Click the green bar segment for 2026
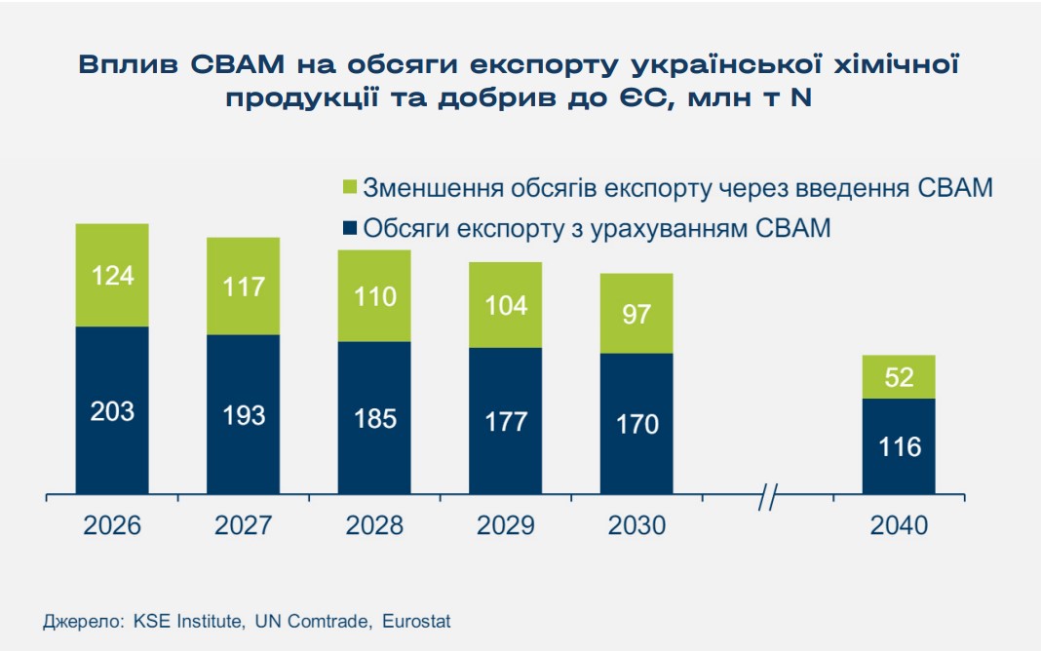(x=112, y=275)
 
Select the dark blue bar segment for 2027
(x=243, y=414)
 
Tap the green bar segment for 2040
(x=899, y=377)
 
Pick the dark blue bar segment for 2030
(x=636, y=423)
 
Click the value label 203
(x=112, y=411)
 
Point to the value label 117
(x=244, y=287)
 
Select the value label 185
(x=374, y=419)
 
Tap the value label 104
(x=505, y=305)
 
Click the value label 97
(x=636, y=314)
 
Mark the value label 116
(x=899, y=447)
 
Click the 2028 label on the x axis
(x=374, y=525)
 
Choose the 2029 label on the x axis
(x=505, y=525)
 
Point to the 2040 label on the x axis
(x=899, y=525)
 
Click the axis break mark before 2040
(x=767, y=497)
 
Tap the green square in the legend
(x=349, y=188)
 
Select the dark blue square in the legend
(x=349, y=230)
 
